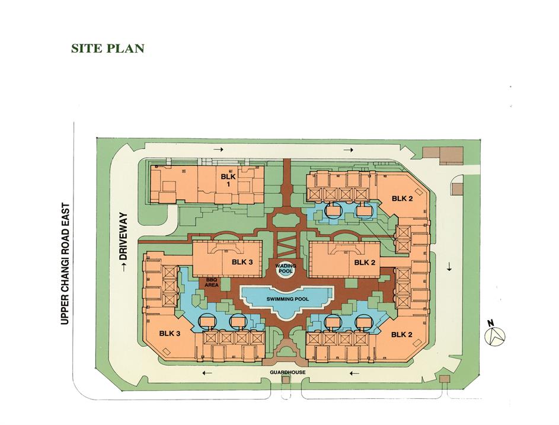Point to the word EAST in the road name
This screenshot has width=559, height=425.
(x=65, y=215)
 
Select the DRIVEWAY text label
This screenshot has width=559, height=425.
(x=123, y=236)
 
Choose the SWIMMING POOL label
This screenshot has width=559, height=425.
(x=288, y=299)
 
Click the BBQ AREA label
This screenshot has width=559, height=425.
(x=212, y=282)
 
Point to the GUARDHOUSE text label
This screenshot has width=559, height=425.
(x=288, y=372)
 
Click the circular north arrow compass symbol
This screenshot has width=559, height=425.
(x=495, y=336)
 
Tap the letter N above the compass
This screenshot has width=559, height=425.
(x=491, y=323)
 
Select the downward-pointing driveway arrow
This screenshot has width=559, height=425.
(x=449, y=266)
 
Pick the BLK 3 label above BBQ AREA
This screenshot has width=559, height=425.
(x=242, y=262)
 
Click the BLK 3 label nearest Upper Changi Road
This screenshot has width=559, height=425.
(x=170, y=333)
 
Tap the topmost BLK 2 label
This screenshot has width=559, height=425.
(x=402, y=198)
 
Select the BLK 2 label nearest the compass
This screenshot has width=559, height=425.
(x=402, y=334)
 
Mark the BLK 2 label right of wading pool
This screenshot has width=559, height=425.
(x=365, y=263)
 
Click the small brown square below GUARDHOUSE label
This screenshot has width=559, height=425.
(x=286, y=379)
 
